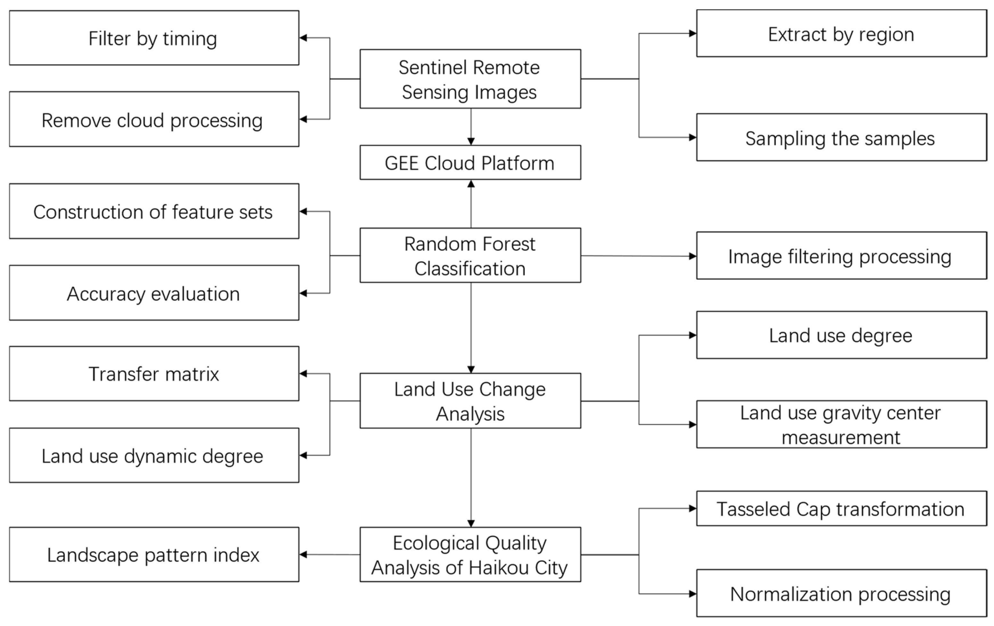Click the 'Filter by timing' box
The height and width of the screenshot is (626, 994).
tap(154, 38)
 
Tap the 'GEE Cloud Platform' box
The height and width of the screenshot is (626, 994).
tap(470, 163)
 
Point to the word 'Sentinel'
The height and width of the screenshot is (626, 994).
tap(427, 67)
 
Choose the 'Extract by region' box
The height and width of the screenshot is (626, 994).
tap(841, 34)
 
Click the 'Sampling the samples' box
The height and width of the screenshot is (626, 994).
tap(841, 137)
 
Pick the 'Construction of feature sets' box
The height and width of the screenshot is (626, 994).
tap(154, 211)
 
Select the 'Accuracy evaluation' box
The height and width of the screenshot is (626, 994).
tap(154, 293)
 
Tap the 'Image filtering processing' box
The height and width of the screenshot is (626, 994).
tap(841, 256)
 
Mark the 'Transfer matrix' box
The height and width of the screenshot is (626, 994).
tap(154, 374)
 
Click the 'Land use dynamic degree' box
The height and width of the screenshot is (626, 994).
tap(154, 456)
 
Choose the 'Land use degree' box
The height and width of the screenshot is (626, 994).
tap(841, 335)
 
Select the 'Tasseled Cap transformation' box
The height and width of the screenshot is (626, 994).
tap(841, 509)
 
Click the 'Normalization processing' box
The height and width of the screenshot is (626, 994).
tap(841, 594)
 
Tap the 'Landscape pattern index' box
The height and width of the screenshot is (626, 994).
tap(154, 555)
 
